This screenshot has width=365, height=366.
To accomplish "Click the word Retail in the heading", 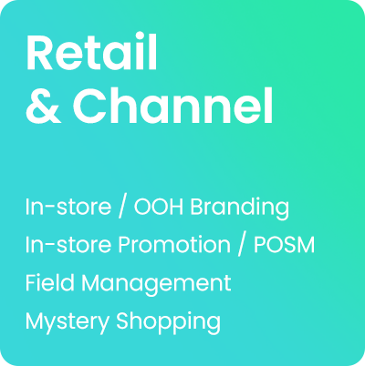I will [x=92, y=56].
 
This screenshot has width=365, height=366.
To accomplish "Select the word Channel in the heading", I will [x=172, y=107].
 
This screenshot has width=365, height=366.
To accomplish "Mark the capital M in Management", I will [x=93, y=282].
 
